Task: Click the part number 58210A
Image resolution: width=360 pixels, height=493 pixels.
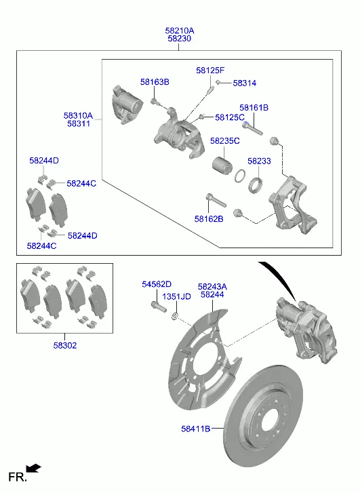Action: (x=180, y=31)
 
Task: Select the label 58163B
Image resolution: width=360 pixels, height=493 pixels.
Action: (x=155, y=82)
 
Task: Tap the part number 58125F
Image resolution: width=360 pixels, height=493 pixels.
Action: (x=210, y=70)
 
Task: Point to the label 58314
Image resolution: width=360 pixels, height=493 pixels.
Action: (x=245, y=83)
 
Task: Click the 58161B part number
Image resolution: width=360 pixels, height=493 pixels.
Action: (x=254, y=108)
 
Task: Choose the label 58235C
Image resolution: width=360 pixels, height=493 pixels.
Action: (x=225, y=141)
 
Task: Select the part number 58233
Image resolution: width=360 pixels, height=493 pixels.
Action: (x=259, y=161)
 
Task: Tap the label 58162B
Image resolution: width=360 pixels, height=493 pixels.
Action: (x=209, y=219)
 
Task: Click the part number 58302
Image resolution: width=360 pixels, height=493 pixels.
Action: (x=65, y=345)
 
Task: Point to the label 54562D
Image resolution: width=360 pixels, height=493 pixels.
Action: (x=157, y=284)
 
